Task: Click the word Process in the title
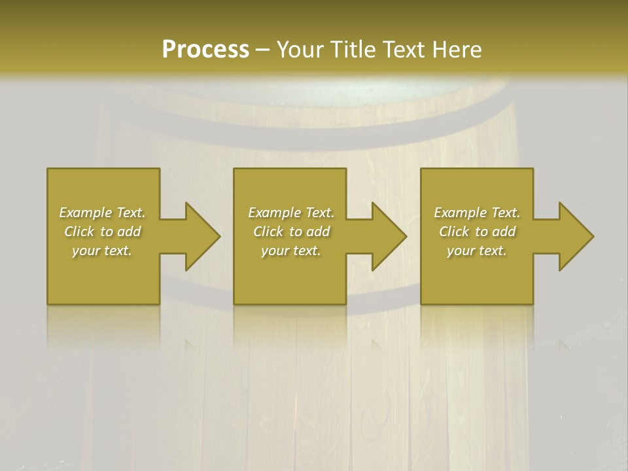[205, 50]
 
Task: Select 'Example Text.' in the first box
[103, 213]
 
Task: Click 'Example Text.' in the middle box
[290, 213]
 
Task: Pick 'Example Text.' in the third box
[477, 213]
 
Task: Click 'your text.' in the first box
[102, 251]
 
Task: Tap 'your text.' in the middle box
[290, 251]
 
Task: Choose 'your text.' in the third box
[477, 251]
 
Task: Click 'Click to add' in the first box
[103, 232]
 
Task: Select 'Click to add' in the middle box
[290, 232]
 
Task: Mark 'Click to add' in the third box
[477, 232]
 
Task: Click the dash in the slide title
[262, 50]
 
